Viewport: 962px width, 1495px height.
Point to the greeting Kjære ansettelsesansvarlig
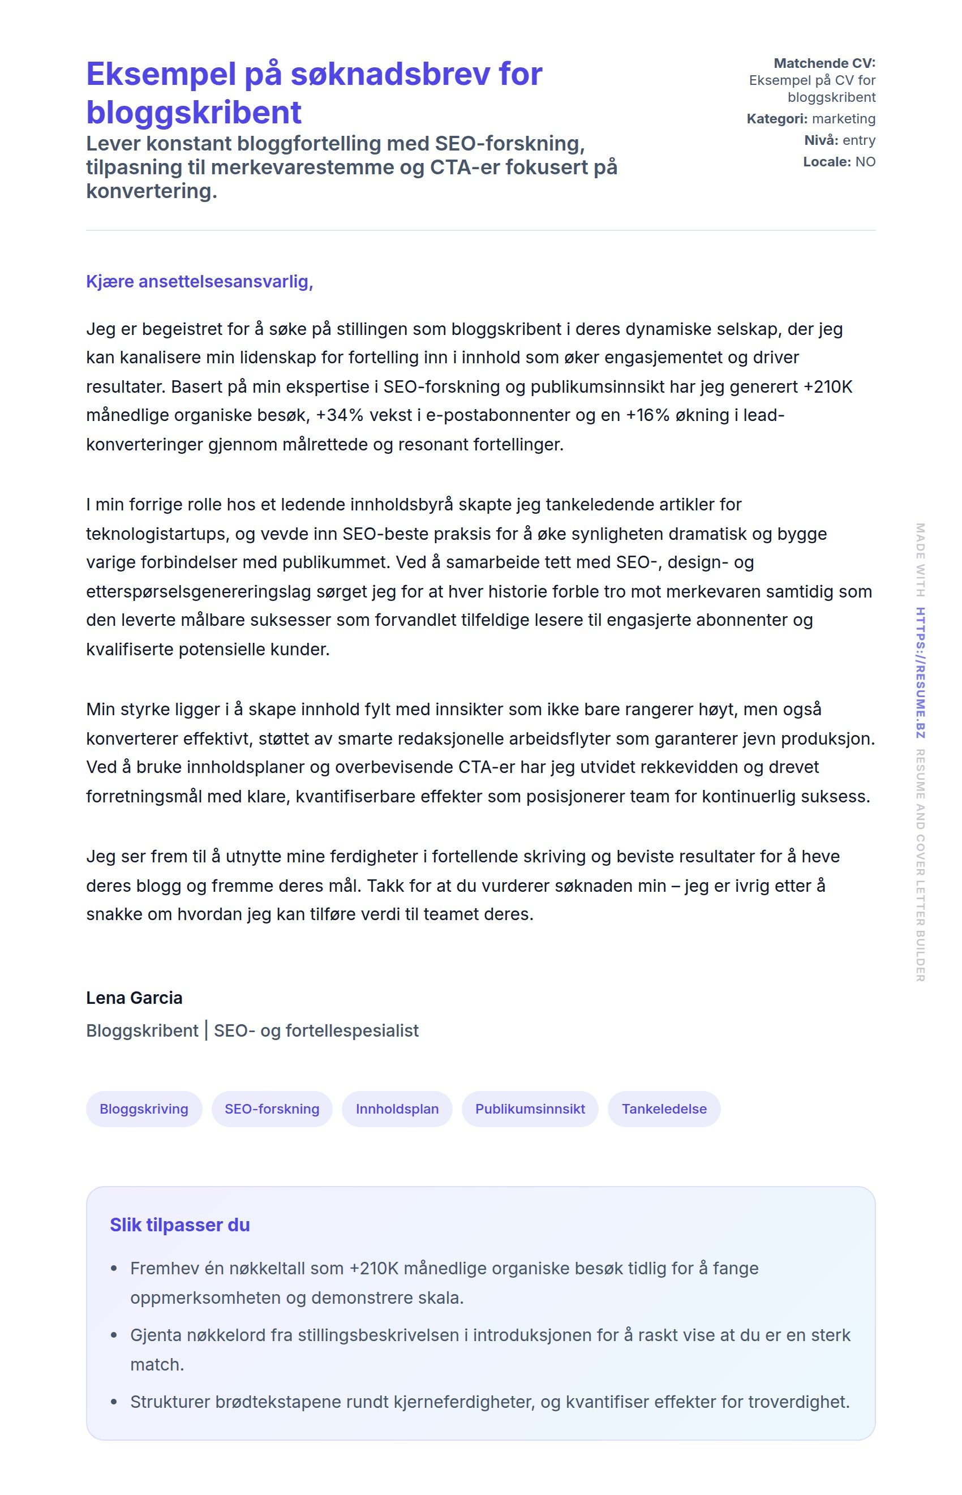point(199,282)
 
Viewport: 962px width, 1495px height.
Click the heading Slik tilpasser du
point(180,1225)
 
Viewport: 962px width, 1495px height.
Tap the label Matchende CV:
point(824,63)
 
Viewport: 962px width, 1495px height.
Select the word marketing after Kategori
point(843,119)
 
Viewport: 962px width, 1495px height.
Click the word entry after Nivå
point(858,140)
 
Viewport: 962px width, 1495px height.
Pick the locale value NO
point(865,162)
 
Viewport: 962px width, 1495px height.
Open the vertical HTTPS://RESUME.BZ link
point(920,673)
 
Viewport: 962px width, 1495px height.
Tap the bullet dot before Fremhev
point(114,1268)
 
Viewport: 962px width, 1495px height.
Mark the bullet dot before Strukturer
point(114,1402)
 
